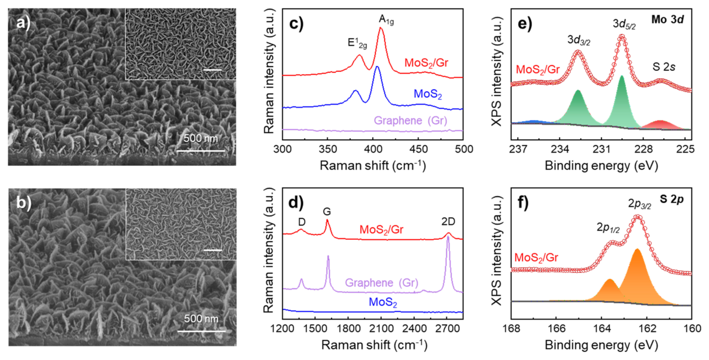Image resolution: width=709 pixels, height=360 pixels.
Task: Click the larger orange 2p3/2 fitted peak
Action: [x=637, y=278]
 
